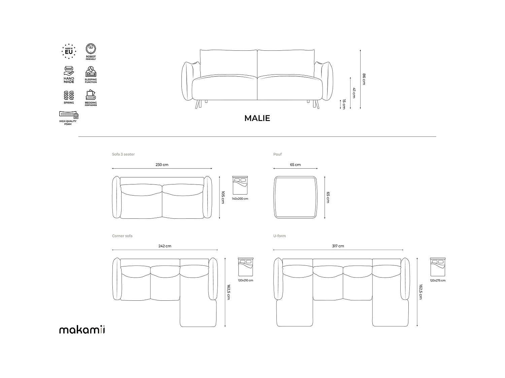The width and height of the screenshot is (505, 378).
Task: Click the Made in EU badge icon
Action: pyautogui.click(x=69, y=51)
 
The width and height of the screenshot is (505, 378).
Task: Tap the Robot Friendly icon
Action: pyautogui.click(x=91, y=49)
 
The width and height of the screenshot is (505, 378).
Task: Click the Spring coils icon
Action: pyautogui.click(x=69, y=95)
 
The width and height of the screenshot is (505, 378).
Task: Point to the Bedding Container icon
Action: pyautogui.click(x=91, y=95)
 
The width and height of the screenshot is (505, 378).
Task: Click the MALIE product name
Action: pyautogui.click(x=257, y=118)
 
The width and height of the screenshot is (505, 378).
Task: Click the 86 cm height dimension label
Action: pyautogui.click(x=364, y=79)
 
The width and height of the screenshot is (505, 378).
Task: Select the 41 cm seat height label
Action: pyautogui.click(x=354, y=93)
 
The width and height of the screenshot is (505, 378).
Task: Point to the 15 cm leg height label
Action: pyautogui.click(x=344, y=104)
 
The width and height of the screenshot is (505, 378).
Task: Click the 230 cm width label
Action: pyautogui.click(x=162, y=165)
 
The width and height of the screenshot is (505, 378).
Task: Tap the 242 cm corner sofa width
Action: pyautogui.click(x=165, y=246)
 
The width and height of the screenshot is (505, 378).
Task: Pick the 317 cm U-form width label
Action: pyautogui.click(x=338, y=246)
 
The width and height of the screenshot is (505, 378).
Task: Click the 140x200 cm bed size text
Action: pyautogui.click(x=240, y=199)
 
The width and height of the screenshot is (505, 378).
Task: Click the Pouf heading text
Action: pyautogui.click(x=277, y=154)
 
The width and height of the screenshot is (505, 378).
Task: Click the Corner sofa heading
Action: pyautogui.click(x=122, y=236)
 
